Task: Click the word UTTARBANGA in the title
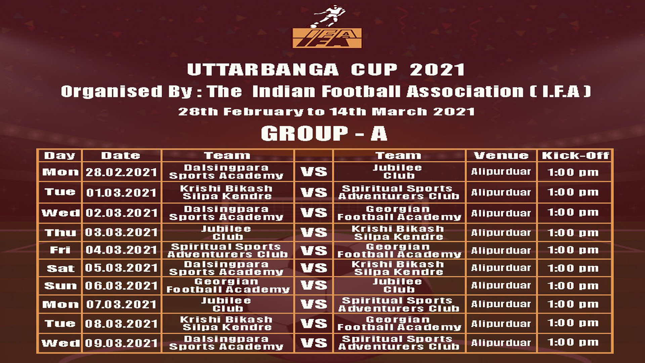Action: click(x=263, y=70)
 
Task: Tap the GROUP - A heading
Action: click(x=324, y=133)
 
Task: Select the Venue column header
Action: click(x=501, y=156)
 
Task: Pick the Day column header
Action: click(x=59, y=156)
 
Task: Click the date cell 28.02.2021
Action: click(x=121, y=172)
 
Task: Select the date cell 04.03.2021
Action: click(x=121, y=250)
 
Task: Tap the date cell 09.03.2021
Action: click(x=121, y=343)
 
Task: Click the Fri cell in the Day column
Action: click(x=60, y=250)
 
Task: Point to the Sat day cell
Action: click(x=60, y=268)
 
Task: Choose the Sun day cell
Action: click(x=60, y=286)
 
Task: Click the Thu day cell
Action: click(x=60, y=233)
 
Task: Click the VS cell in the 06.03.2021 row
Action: click(x=314, y=286)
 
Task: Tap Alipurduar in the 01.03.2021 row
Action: click(x=501, y=192)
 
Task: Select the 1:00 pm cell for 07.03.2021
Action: click(x=573, y=304)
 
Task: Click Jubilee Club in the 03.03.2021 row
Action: click(x=226, y=233)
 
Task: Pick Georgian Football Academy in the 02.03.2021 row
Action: click(x=399, y=213)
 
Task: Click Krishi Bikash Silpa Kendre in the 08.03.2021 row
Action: click(x=226, y=323)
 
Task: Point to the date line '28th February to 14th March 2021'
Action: click(x=326, y=112)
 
